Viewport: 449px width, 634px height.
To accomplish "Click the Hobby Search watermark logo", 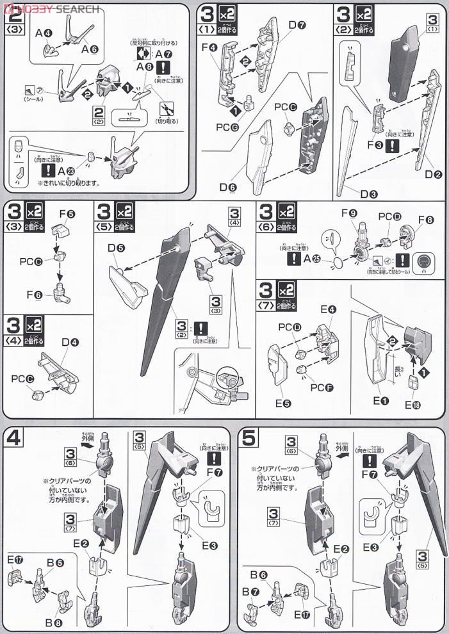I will click(x=51, y=8).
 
